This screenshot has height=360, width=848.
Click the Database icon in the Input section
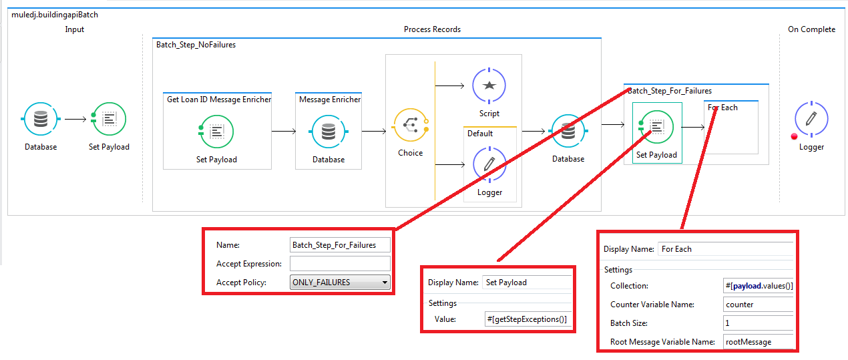click(x=41, y=120)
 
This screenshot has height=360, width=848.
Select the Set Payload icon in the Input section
click(x=109, y=120)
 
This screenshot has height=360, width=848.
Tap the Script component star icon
click(x=489, y=85)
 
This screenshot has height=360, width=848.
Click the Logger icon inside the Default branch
click(x=489, y=164)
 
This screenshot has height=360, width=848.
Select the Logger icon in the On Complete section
click(x=811, y=120)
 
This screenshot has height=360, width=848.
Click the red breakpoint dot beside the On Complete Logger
click(x=794, y=136)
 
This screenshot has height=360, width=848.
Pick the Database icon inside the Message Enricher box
click(x=329, y=132)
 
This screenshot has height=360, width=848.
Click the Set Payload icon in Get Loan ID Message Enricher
click(x=216, y=132)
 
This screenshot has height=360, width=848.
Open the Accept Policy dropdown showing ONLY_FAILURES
click(x=340, y=283)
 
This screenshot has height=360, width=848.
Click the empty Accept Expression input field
click(x=340, y=264)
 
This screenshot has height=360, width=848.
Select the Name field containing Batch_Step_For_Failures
click(x=340, y=245)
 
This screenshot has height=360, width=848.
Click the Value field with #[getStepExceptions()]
click(x=527, y=319)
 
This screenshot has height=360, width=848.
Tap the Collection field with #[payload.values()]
click(x=759, y=286)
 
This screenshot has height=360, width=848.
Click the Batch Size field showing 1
click(x=759, y=323)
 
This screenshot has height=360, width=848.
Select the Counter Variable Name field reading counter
click(x=759, y=305)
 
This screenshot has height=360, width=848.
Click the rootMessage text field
click(x=759, y=342)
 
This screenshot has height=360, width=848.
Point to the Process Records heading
click(x=432, y=29)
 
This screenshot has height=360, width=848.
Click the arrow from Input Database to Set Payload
click(x=75, y=120)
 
